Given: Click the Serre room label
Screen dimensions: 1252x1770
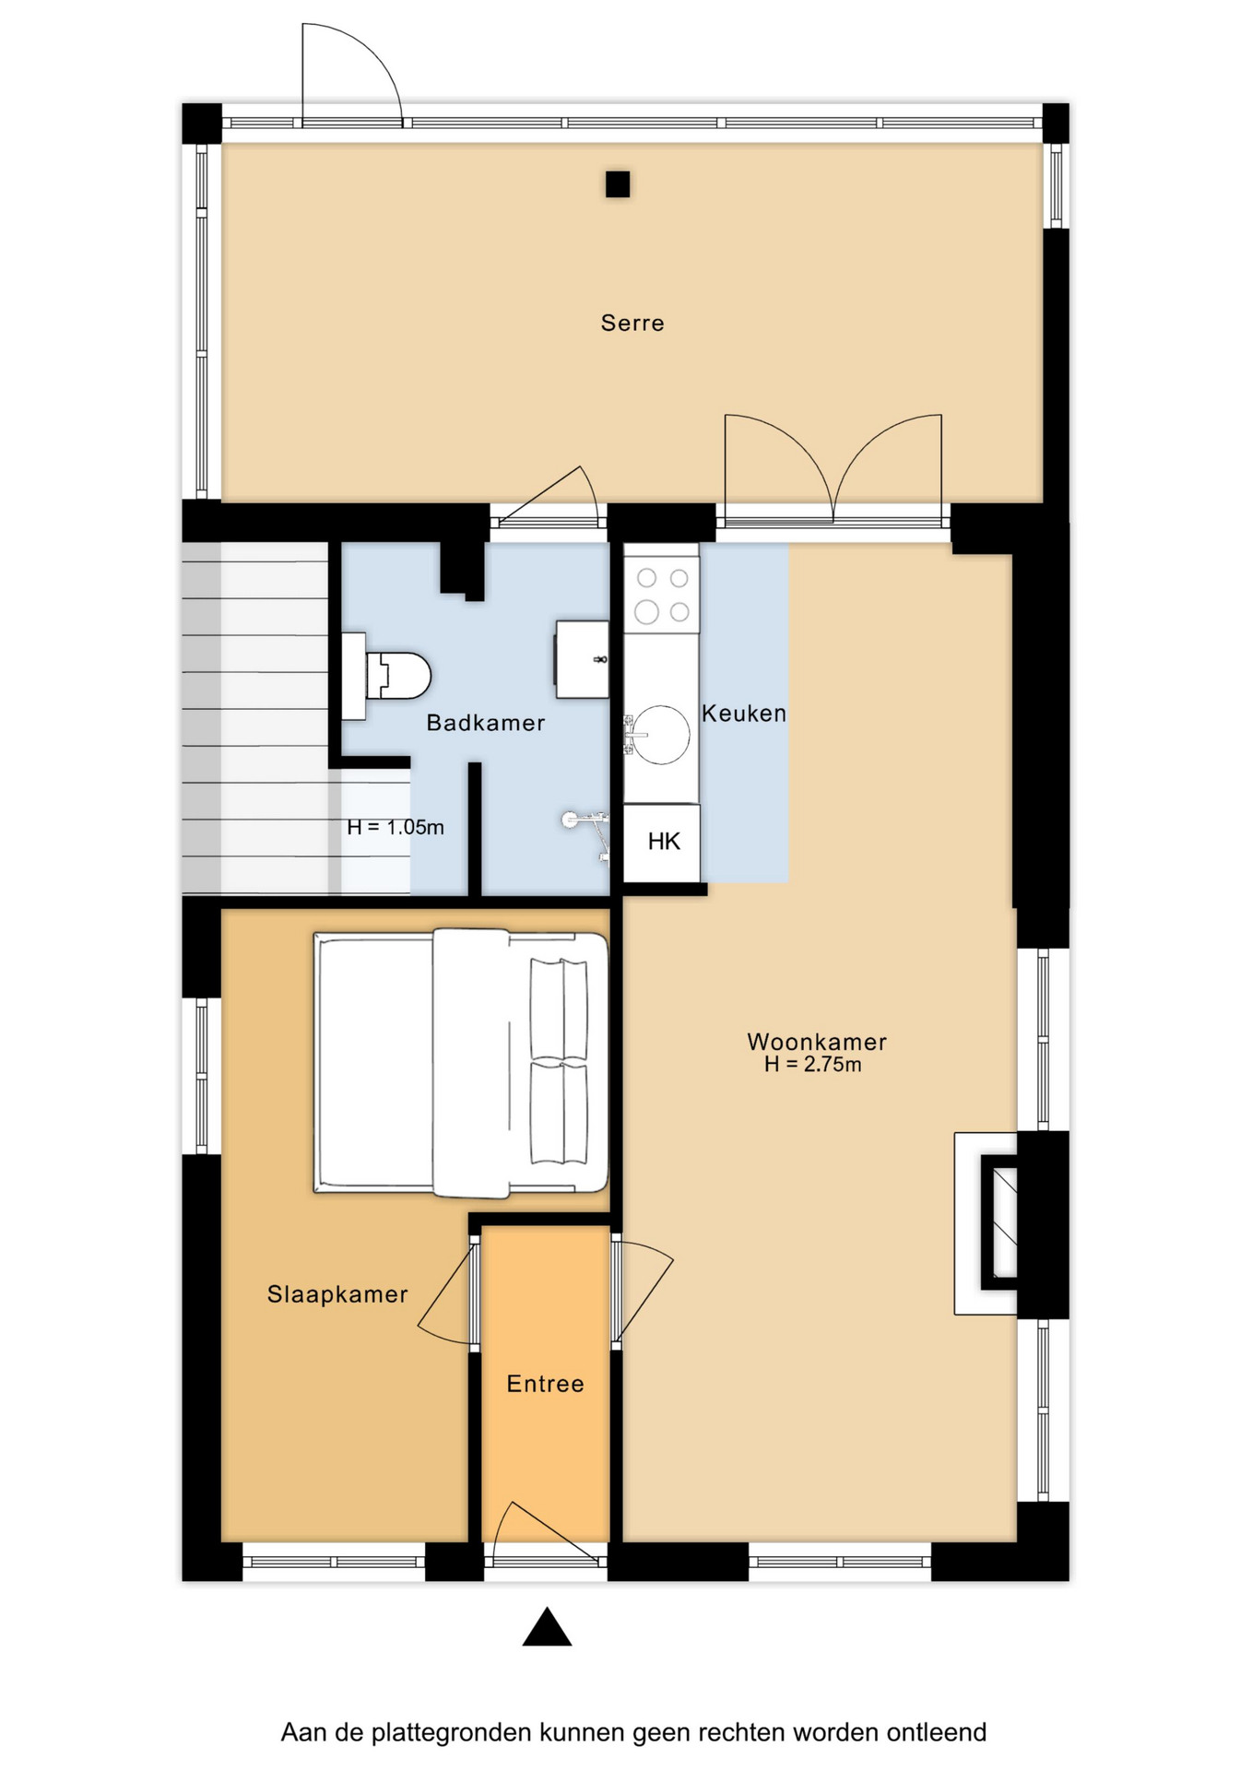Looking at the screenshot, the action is tap(632, 323).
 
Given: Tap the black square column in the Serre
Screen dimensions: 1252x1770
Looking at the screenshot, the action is tap(618, 184).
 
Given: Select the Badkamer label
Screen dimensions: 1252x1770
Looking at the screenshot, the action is tap(485, 723).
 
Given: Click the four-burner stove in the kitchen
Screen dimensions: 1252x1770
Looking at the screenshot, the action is tap(662, 595).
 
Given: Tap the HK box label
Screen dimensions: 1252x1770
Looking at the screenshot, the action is tap(664, 841).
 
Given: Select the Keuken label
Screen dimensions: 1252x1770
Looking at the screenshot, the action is tap(744, 713).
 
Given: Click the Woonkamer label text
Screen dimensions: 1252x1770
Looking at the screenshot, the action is tap(817, 1042).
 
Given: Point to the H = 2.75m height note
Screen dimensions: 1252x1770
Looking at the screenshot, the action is tap(813, 1065).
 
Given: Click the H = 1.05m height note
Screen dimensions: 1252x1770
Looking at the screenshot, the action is tap(396, 827).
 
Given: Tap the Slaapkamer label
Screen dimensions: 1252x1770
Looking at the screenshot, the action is tap(337, 1294).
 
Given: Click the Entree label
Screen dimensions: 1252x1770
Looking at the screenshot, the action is tap(546, 1384).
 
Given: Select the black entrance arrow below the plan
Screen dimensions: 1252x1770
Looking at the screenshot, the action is tap(548, 1626).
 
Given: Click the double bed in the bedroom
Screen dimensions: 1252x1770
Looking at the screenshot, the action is tap(461, 1063).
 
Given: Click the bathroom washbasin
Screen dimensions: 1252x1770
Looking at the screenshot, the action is tap(582, 660).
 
